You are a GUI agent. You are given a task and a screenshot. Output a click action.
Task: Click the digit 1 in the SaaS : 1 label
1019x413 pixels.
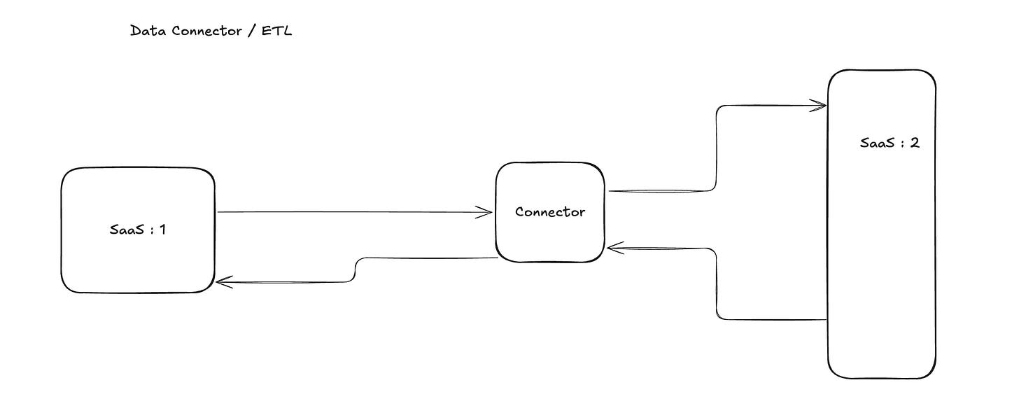click(162, 229)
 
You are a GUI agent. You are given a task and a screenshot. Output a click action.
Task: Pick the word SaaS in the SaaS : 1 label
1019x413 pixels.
click(124, 229)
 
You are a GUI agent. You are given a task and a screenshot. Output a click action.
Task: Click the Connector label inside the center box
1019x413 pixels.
click(550, 211)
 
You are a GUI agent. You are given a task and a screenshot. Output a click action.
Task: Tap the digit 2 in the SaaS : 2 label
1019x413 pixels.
click(915, 143)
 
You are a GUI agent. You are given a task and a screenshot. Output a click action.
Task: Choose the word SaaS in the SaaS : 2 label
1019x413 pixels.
click(876, 143)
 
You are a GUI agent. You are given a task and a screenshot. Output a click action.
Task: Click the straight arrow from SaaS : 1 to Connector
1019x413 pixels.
click(350, 212)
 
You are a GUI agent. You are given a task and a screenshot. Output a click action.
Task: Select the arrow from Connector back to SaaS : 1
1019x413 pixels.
click(356, 270)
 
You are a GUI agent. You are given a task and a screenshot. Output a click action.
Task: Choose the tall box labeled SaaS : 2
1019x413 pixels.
click(882, 280)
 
